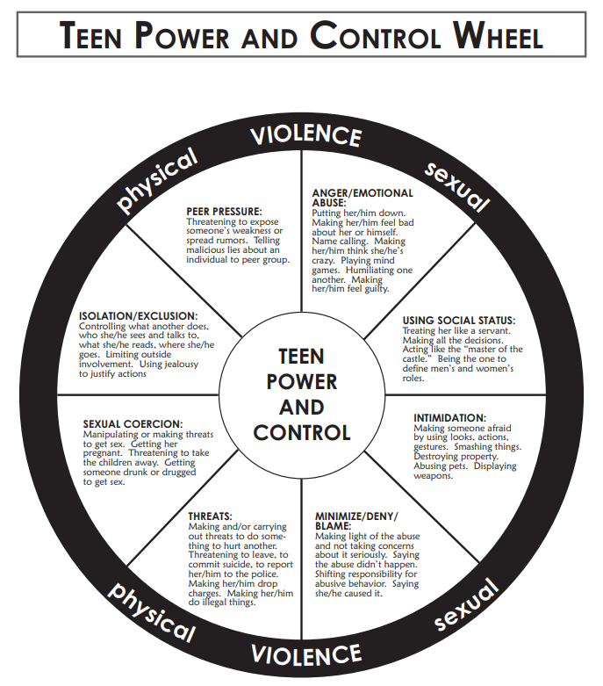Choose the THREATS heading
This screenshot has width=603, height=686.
pos(212,516)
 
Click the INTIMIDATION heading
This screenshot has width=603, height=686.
pos(449,418)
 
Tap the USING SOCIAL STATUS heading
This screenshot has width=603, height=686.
pos(458,321)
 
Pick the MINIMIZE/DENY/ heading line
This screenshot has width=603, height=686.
pos(355,516)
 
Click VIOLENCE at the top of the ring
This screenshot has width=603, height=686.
pos(305,136)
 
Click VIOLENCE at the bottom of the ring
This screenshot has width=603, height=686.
pos(305,654)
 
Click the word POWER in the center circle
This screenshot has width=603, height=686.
pos(302,383)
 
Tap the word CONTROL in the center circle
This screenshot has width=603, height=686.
pos(302,432)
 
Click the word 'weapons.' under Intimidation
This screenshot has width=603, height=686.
pos(433,476)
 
